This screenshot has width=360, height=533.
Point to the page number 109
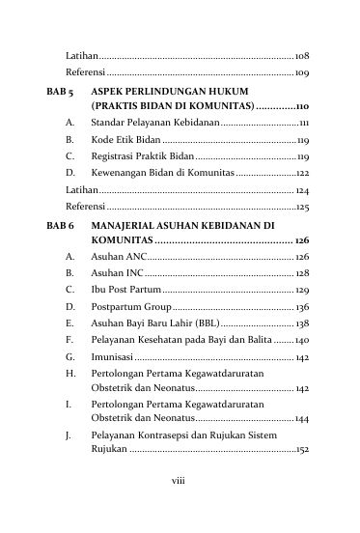(302, 72)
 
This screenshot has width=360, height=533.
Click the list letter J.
(69, 435)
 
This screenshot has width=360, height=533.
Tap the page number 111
(303, 124)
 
